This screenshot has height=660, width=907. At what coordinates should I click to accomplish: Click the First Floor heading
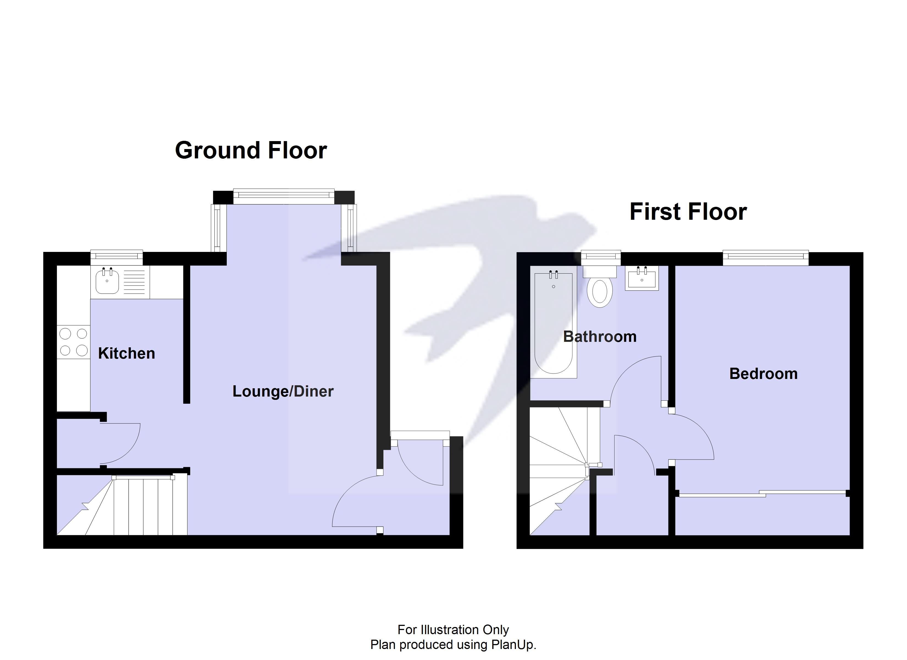[688, 212]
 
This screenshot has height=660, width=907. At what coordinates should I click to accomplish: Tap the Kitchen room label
[126, 353]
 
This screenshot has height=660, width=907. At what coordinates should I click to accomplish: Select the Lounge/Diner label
[283, 391]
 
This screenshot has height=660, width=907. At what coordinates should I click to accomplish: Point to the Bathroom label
[599, 337]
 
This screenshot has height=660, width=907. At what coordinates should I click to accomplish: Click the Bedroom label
[763, 374]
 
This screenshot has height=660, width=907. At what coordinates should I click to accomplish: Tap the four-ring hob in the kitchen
[74, 342]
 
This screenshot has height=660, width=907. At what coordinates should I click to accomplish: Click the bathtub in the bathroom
[554, 323]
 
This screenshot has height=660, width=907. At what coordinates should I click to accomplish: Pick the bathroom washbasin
[642, 279]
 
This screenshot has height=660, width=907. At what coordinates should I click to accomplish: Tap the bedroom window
[765, 257]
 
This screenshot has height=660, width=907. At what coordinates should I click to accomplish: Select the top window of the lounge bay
[284, 195]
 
